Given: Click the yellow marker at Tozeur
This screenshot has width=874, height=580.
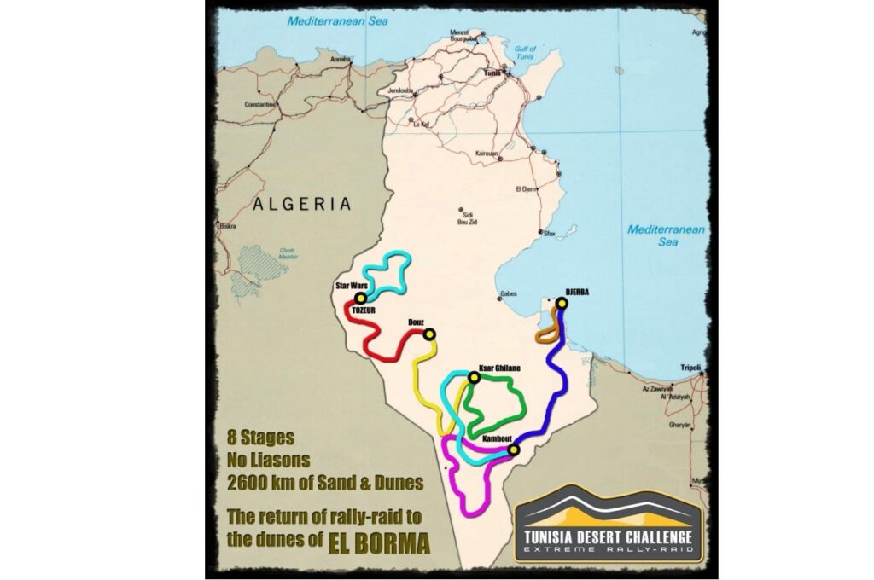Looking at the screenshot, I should [361, 299].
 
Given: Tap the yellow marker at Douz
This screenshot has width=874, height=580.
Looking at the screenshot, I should [429, 334].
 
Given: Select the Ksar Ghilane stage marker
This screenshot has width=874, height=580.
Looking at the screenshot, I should [474, 377].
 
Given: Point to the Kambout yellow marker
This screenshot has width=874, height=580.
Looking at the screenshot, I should [513, 449].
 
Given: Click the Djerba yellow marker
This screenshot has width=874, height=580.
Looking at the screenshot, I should [562, 303].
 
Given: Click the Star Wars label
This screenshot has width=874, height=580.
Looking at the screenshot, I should [349, 286].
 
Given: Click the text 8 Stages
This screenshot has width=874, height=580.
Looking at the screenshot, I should [260, 438].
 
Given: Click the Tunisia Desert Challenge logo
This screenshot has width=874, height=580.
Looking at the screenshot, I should [609, 525].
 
